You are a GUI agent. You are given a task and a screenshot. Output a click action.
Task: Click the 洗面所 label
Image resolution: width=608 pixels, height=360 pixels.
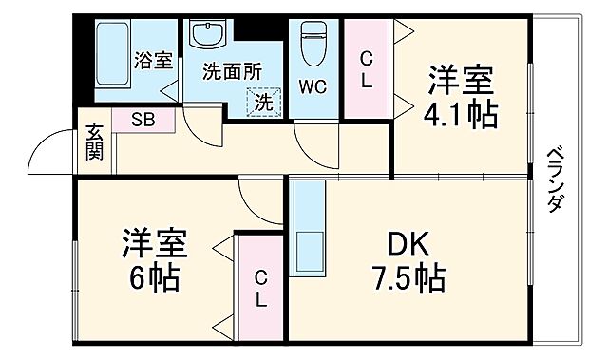point(232,69)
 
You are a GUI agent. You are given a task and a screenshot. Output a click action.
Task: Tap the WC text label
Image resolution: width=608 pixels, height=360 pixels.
point(313,86)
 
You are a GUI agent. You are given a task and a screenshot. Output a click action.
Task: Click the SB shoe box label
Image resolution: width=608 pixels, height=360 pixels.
point(142,120)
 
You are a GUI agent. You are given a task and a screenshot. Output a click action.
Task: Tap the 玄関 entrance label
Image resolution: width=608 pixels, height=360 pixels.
point(94,142)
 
